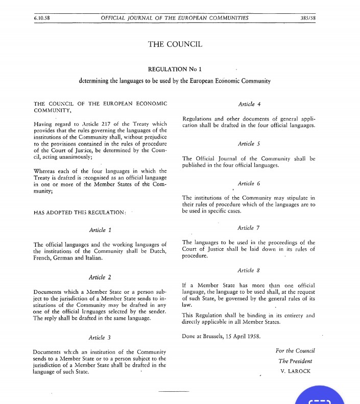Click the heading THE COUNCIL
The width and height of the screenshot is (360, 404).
tap(175, 44)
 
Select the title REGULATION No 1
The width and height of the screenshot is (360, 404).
tap(175, 68)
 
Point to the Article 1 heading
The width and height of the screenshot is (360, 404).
tap(100, 230)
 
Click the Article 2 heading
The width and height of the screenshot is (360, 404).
tap(100, 277)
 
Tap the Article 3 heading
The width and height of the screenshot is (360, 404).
tap(100, 338)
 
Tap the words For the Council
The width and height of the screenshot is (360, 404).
tap(295, 350)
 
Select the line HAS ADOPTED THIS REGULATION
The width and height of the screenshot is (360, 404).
tap(79, 212)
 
